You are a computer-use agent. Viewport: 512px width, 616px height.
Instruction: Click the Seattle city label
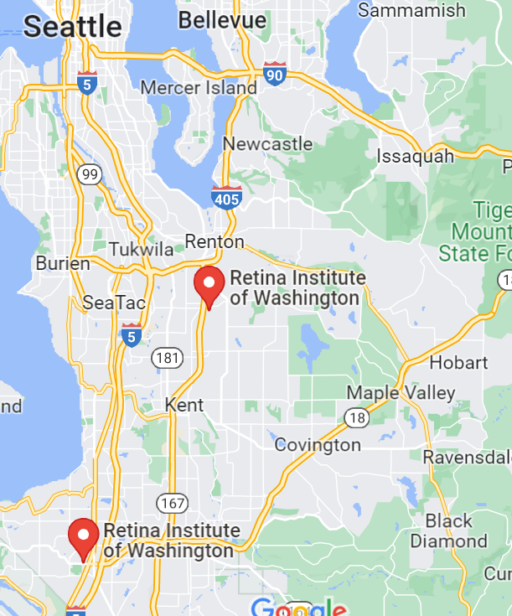click(72, 26)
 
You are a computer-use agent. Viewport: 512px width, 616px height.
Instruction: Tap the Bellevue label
click(222, 18)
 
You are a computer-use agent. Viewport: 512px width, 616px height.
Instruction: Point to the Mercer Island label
click(199, 87)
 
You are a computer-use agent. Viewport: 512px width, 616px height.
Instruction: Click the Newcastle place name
click(267, 143)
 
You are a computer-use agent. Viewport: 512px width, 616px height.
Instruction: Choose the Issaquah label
click(415, 156)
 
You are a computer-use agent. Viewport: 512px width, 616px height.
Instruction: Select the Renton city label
click(215, 242)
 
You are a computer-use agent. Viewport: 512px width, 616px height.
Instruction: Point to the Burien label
click(62, 263)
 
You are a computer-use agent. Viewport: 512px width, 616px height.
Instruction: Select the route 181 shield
click(167, 358)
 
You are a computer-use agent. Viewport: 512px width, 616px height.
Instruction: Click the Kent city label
click(184, 404)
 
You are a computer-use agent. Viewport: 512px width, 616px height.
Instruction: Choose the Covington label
click(318, 444)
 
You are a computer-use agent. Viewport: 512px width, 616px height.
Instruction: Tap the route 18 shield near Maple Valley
click(354, 417)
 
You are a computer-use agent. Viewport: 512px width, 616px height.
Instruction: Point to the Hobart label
click(458, 362)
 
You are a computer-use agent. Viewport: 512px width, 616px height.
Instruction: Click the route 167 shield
click(173, 504)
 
